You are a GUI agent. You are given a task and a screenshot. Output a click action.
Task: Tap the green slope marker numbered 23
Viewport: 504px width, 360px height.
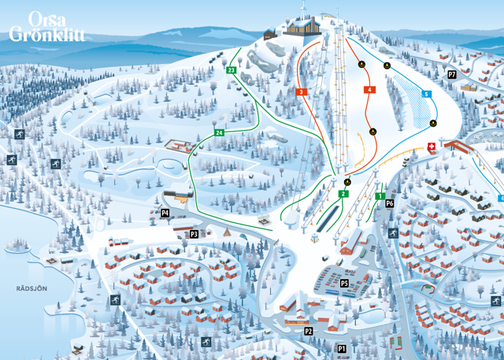(231, 71)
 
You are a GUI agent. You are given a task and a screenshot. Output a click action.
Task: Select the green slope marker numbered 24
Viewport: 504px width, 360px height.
(219, 132)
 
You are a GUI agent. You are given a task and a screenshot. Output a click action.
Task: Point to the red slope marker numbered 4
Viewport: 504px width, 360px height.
(369, 90)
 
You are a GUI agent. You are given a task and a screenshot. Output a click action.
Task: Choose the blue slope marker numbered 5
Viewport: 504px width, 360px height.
(427, 95)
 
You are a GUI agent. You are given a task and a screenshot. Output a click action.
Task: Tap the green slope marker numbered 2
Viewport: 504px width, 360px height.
(343, 194)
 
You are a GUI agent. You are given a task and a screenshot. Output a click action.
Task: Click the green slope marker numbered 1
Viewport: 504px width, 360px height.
(380, 195)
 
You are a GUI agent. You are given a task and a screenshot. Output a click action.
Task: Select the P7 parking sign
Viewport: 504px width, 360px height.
(451, 74)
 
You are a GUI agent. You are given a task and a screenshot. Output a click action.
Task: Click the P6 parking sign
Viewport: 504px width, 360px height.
(389, 203)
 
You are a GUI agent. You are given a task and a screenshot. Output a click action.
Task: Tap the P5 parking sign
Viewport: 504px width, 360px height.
(344, 282)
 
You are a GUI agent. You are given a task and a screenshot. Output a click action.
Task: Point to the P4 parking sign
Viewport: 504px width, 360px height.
(165, 213)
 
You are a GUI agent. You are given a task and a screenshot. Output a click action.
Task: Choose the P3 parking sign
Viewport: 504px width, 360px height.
(194, 234)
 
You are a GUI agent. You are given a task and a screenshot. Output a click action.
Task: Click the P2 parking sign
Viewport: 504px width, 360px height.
(309, 332)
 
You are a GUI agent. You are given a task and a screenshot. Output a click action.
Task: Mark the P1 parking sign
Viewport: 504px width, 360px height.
(342, 347)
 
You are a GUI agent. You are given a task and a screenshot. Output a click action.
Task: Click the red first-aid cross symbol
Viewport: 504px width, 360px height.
(431, 147)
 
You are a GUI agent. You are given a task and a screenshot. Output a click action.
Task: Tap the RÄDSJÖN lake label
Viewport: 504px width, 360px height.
(32, 288)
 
